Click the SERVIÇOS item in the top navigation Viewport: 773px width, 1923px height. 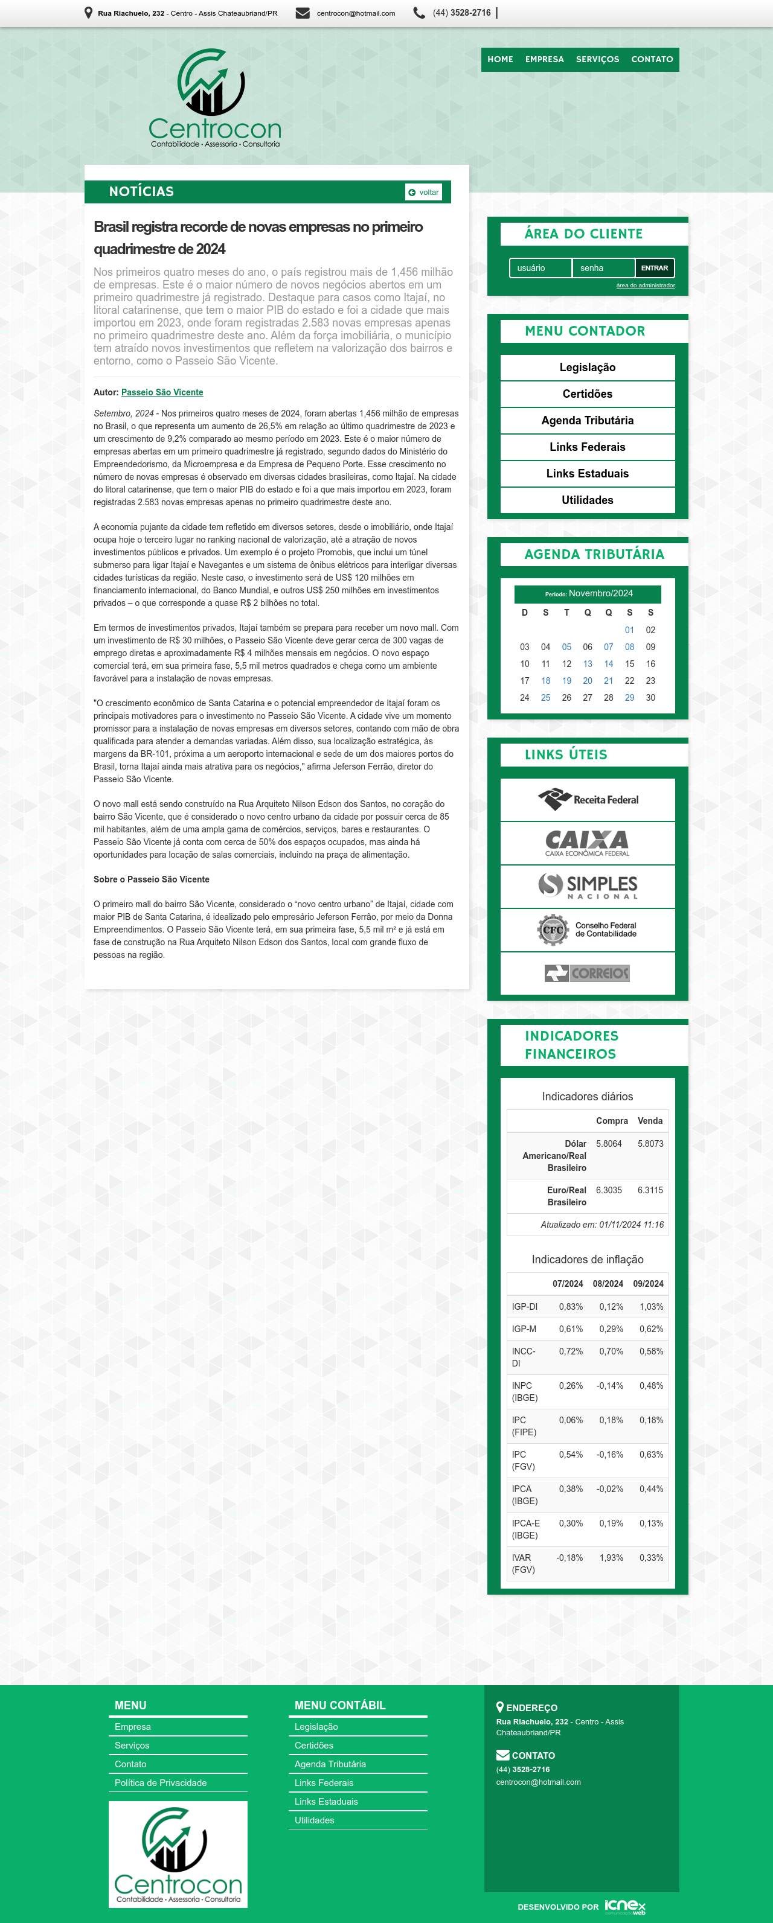tap(597, 59)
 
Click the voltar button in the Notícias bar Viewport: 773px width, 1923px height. tap(423, 192)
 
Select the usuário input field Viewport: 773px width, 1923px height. tap(540, 268)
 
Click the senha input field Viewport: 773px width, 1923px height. tap(603, 268)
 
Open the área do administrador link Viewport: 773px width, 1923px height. tap(646, 285)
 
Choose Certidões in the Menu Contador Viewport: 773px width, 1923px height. tap(587, 394)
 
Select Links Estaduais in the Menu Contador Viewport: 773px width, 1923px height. tap(587, 473)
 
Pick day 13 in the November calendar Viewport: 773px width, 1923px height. tap(588, 664)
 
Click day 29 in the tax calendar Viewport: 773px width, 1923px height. tap(630, 697)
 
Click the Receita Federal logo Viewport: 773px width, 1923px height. tap(587, 800)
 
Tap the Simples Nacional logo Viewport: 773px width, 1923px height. tap(587, 886)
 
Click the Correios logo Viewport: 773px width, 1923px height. tap(587, 973)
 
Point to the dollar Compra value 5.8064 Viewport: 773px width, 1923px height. tap(609, 1143)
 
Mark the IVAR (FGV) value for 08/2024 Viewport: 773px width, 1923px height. tap(610, 1557)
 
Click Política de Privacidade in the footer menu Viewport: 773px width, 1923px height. tap(161, 1782)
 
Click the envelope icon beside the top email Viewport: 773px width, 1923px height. tap(303, 13)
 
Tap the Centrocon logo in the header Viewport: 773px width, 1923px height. tap(214, 98)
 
